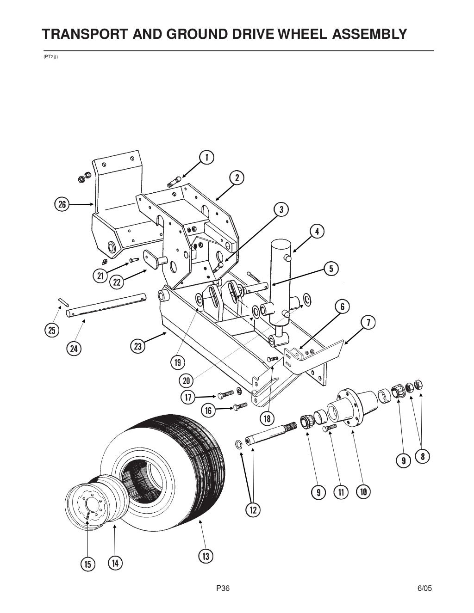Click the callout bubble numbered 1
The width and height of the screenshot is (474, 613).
tap(206, 157)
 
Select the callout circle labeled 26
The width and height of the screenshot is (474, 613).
tap(62, 203)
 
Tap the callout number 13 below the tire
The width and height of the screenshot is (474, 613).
tap(206, 556)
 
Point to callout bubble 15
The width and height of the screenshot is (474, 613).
tap(87, 564)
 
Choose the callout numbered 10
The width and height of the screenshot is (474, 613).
tap(363, 492)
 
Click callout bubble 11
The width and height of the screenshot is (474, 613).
tap(341, 492)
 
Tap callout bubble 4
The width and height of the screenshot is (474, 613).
tap(317, 231)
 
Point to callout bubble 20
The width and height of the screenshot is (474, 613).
tap(187, 380)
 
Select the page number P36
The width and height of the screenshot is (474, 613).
tap(223, 588)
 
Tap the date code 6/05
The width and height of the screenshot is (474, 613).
tap(424, 588)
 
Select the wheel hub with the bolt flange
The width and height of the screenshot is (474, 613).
tap(348, 407)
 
